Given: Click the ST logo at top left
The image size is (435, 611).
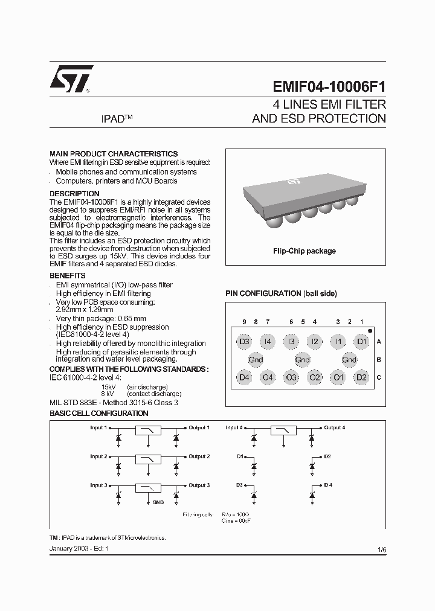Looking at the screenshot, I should [71, 78].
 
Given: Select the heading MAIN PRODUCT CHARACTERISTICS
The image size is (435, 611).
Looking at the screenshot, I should [113, 154].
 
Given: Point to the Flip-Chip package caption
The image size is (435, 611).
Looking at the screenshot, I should [305, 251].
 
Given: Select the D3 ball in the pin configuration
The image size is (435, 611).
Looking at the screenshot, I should [244, 342].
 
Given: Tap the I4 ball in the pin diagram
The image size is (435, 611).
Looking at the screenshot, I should [268, 342].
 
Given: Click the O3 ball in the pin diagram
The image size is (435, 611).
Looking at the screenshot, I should [291, 378].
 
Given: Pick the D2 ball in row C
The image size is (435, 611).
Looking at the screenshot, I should [361, 378].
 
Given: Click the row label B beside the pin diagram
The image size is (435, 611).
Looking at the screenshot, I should [379, 360].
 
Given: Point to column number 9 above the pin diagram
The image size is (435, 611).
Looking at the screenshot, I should [244, 323].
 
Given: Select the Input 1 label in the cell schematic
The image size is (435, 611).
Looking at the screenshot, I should [98, 428].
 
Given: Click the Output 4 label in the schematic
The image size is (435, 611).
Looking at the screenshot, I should [334, 428].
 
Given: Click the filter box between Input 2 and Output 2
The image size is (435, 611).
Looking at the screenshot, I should [147, 459].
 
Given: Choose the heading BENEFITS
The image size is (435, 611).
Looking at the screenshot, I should [67, 276].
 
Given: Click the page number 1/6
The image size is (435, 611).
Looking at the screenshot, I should [381, 549].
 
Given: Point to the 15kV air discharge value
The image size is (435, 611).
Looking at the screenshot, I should [108, 386].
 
